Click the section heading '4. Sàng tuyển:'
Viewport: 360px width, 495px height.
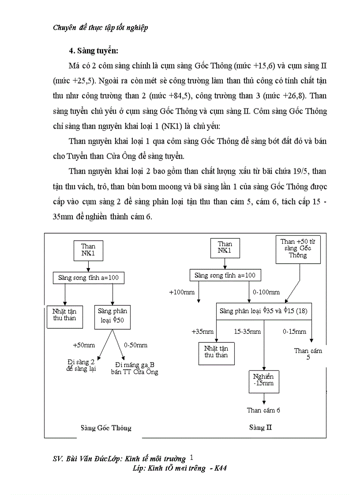click(94, 50)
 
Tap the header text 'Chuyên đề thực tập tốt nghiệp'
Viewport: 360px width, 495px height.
click(100, 28)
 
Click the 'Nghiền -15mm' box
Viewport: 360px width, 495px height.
click(264, 380)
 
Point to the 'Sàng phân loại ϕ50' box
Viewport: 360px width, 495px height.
click(112, 316)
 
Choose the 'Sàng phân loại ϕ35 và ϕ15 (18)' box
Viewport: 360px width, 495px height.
click(263, 311)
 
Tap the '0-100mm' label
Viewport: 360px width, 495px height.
click(266, 292)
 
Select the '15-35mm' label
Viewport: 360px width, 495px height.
click(247, 331)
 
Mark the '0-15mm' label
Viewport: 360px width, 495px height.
click(294, 331)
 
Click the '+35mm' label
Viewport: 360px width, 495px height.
click(202, 331)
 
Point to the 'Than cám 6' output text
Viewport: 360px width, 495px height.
click(263, 410)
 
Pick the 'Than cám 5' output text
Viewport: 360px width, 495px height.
click(308, 354)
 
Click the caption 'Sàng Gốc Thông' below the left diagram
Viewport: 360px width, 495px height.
click(106, 428)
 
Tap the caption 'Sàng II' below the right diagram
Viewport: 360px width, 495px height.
click(257, 428)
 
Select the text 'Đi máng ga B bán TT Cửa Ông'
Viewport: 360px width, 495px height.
click(134, 368)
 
